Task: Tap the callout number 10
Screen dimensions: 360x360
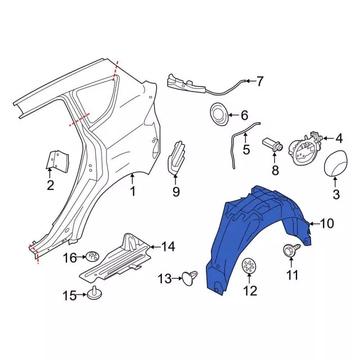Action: coord(326,223)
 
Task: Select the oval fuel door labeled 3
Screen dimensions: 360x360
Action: coord(335,163)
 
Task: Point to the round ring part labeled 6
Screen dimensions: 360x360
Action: coord(219,114)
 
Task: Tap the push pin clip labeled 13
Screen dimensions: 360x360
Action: coord(190,278)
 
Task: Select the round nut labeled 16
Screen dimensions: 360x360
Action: coord(92,256)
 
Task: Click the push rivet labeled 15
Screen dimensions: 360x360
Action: coord(94,293)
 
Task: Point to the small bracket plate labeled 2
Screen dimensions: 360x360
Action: coord(57,161)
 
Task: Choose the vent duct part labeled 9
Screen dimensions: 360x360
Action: coord(177,159)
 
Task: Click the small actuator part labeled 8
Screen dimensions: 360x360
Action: coord(272,146)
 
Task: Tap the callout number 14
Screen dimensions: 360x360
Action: coord(168,247)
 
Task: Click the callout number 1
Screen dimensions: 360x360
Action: coord(133,191)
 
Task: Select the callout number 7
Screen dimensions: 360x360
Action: coord(259,81)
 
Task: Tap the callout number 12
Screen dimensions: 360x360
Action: coord(250,291)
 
